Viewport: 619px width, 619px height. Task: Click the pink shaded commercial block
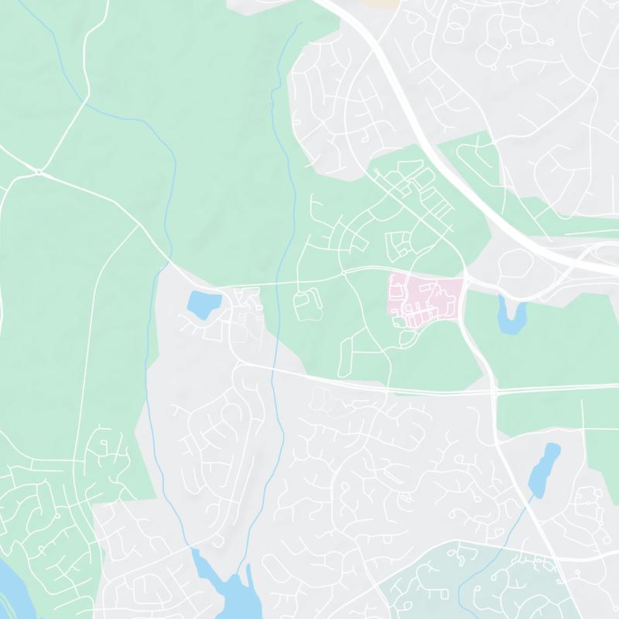426,298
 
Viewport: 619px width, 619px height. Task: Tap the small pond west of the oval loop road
203,304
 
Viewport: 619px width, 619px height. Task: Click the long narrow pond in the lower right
545,468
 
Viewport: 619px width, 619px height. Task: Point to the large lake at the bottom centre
232,592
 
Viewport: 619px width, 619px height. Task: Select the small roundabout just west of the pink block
343,274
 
